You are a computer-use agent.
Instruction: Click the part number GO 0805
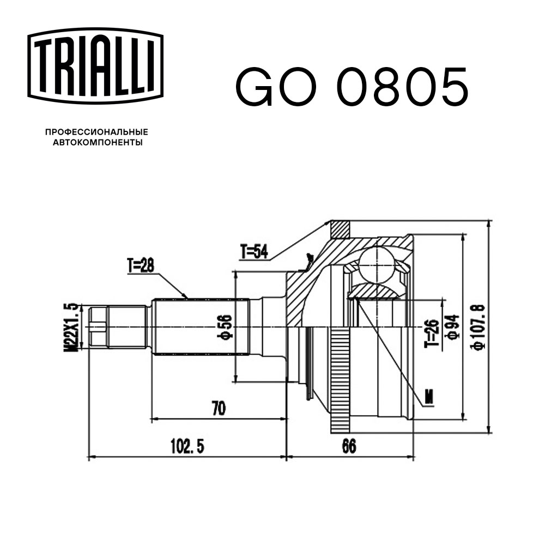click(x=351, y=88)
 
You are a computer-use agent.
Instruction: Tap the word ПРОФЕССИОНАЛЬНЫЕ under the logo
click(x=96, y=132)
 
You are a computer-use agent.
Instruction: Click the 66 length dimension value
click(x=349, y=446)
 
